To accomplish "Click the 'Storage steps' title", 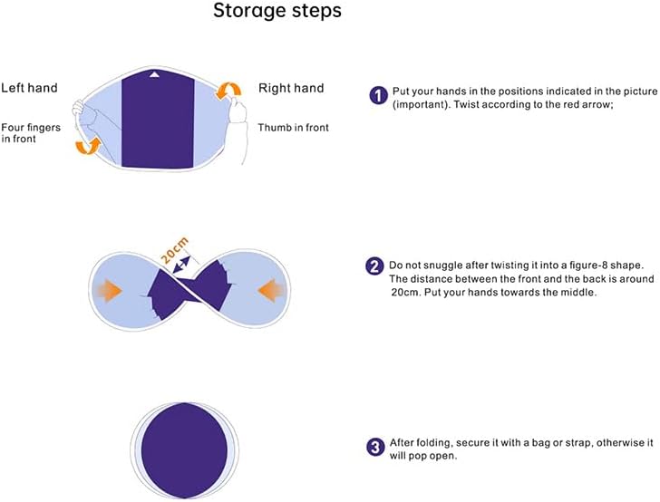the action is tap(277, 11).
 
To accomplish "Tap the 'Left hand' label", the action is tap(29, 88).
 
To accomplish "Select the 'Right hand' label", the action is tap(291, 88).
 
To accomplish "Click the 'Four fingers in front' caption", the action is tap(31, 133).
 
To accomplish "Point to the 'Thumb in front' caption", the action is tap(293, 128).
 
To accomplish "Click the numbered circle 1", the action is tap(378, 95).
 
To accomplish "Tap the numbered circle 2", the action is tap(374, 265).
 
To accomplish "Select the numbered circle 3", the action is tap(375, 447).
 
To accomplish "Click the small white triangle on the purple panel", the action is tap(154, 74).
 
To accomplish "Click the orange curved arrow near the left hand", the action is tap(88, 146).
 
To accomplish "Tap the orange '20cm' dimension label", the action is tap(174, 250).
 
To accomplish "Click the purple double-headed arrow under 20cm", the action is tap(181, 265).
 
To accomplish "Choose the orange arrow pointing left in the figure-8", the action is tap(271, 290).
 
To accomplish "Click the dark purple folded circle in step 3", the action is tap(184, 450).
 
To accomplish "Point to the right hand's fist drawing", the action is tap(238, 111).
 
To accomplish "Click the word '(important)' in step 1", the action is tap(420, 105).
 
